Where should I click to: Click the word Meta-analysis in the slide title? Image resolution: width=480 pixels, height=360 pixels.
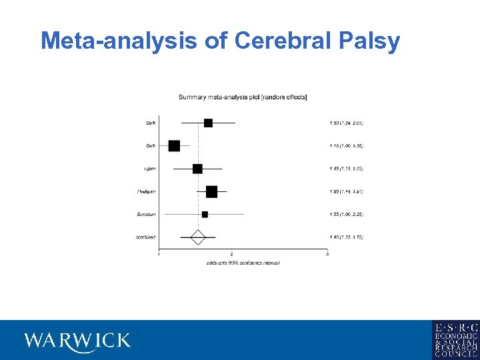(x=119, y=41)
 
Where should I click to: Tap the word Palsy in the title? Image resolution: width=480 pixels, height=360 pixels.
(x=368, y=41)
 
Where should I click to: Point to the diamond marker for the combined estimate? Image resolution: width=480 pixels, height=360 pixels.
(x=197, y=237)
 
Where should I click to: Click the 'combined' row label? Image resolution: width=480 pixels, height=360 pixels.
(x=147, y=237)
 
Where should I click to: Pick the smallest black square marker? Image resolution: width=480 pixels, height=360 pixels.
(x=205, y=215)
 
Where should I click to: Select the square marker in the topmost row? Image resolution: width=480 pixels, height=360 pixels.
(x=208, y=123)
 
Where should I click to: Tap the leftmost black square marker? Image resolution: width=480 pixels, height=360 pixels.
(x=175, y=146)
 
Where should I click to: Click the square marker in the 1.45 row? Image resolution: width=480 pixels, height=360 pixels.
(x=197, y=169)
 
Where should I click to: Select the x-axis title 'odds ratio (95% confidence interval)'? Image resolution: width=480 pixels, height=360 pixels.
(x=243, y=263)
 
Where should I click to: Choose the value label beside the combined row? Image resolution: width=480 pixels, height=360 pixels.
(x=345, y=237)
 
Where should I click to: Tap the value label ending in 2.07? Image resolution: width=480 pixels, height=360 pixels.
(x=345, y=123)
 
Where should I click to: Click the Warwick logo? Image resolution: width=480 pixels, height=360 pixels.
(x=77, y=341)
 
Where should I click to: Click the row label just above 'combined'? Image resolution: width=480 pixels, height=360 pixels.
(x=146, y=215)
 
